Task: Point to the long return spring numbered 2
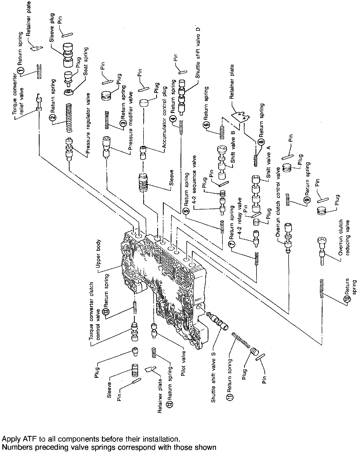69,118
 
